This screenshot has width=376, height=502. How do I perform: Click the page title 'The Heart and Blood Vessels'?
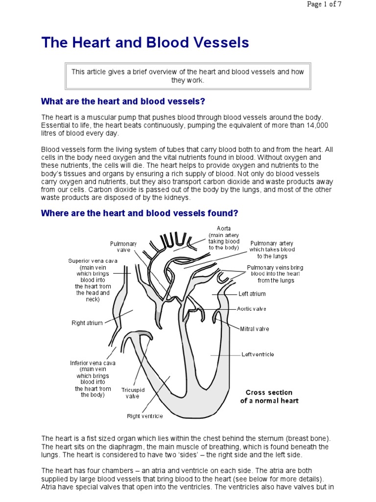pos(145,43)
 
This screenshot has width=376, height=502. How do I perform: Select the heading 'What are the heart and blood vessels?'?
pos(123,101)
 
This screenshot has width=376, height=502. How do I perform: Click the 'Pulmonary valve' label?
pos(123,247)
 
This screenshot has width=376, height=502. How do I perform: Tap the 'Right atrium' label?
pos(87,323)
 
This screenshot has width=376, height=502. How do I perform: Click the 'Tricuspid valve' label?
pos(133,393)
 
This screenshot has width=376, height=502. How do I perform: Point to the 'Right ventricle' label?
pos(145,416)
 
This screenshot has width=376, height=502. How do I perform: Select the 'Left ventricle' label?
pos(258,354)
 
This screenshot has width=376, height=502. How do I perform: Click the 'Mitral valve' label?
pos(254,329)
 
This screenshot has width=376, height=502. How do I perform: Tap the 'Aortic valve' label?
pos(251,309)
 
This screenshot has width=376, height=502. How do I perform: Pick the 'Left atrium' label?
pos(252,294)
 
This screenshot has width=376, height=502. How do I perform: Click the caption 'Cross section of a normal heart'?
pos(269,397)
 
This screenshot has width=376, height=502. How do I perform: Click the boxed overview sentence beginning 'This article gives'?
pos(188,75)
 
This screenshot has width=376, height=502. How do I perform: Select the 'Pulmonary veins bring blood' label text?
pos(276,268)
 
